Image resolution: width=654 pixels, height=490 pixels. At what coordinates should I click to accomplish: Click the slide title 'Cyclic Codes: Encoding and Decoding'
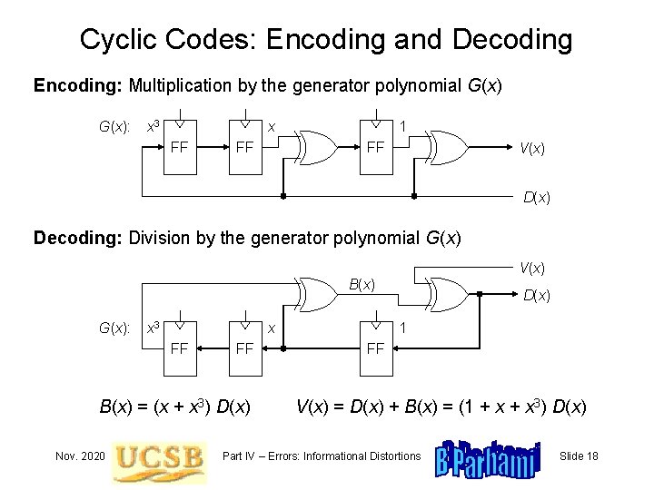click(326, 40)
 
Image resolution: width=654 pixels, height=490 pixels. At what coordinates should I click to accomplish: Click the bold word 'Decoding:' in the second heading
click(79, 239)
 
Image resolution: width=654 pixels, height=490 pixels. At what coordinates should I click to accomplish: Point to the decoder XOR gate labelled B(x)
click(318, 292)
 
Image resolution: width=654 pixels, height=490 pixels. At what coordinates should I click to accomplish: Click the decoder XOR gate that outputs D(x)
click(449, 292)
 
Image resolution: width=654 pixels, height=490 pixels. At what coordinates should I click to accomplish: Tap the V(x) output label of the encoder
click(531, 148)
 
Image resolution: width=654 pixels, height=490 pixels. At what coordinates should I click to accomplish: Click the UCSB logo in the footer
click(160, 455)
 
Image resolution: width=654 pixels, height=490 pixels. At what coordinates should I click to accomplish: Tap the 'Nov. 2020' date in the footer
click(79, 455)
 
